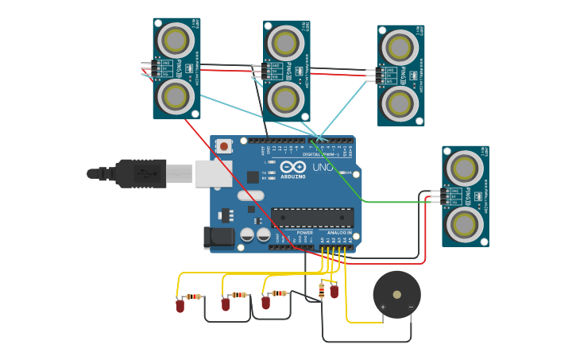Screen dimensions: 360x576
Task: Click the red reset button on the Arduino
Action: pyautogui.click(x=225, y=146)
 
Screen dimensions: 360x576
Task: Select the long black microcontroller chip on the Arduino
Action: pyautogui.click(x=312, y=218)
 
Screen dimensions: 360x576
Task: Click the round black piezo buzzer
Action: pyautogui.click(x=396, y=295)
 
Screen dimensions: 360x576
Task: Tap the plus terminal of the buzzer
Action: pyautogui.click(x=383, y=307)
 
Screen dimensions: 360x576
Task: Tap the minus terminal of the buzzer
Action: pyautogui.click(x=411, y=307)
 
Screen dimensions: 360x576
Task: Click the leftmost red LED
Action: pyautogui.click(x=180, y=305)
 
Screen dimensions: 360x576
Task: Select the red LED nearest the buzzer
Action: pyautogui.click(x=334, y=292)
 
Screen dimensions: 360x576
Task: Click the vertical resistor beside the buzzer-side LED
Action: pyautogui.click(x=321, y=291)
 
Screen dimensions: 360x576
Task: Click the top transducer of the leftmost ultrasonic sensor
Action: pyautogui.click(x=176, y=40)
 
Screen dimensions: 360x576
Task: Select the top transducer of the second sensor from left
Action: pyautogui.click(x=285, y=42)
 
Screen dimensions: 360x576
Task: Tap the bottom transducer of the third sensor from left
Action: pyautogui.click(x=400, y=104)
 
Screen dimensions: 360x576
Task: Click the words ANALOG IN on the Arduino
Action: pyautogui.click(x=339, y=233)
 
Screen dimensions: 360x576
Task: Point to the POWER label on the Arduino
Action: pyautogui.click(x=305, y=233)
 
